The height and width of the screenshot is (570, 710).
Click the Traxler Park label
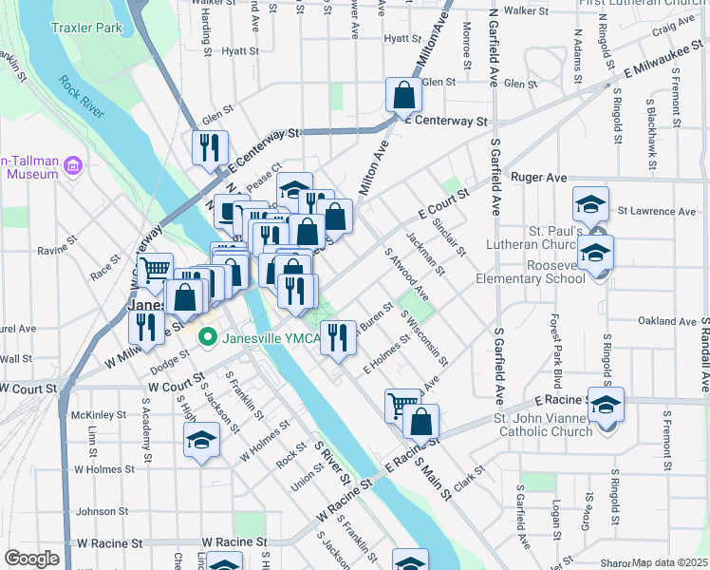click(88, 28)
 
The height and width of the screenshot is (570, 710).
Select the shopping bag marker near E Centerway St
click(403, 95)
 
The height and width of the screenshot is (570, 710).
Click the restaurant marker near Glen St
click(209, 148)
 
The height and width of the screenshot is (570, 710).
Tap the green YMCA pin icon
click(205, 337)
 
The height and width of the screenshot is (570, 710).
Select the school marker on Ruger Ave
click(589, 204)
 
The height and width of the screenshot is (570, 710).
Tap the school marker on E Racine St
click(606, 405)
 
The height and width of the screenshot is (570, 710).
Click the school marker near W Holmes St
click(201, 440)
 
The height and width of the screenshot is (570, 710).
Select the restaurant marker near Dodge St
click(145, 327)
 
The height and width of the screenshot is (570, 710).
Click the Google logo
click(31, 559)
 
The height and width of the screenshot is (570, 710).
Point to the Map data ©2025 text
click(669, 562)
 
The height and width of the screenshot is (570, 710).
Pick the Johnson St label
click(95, 511)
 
